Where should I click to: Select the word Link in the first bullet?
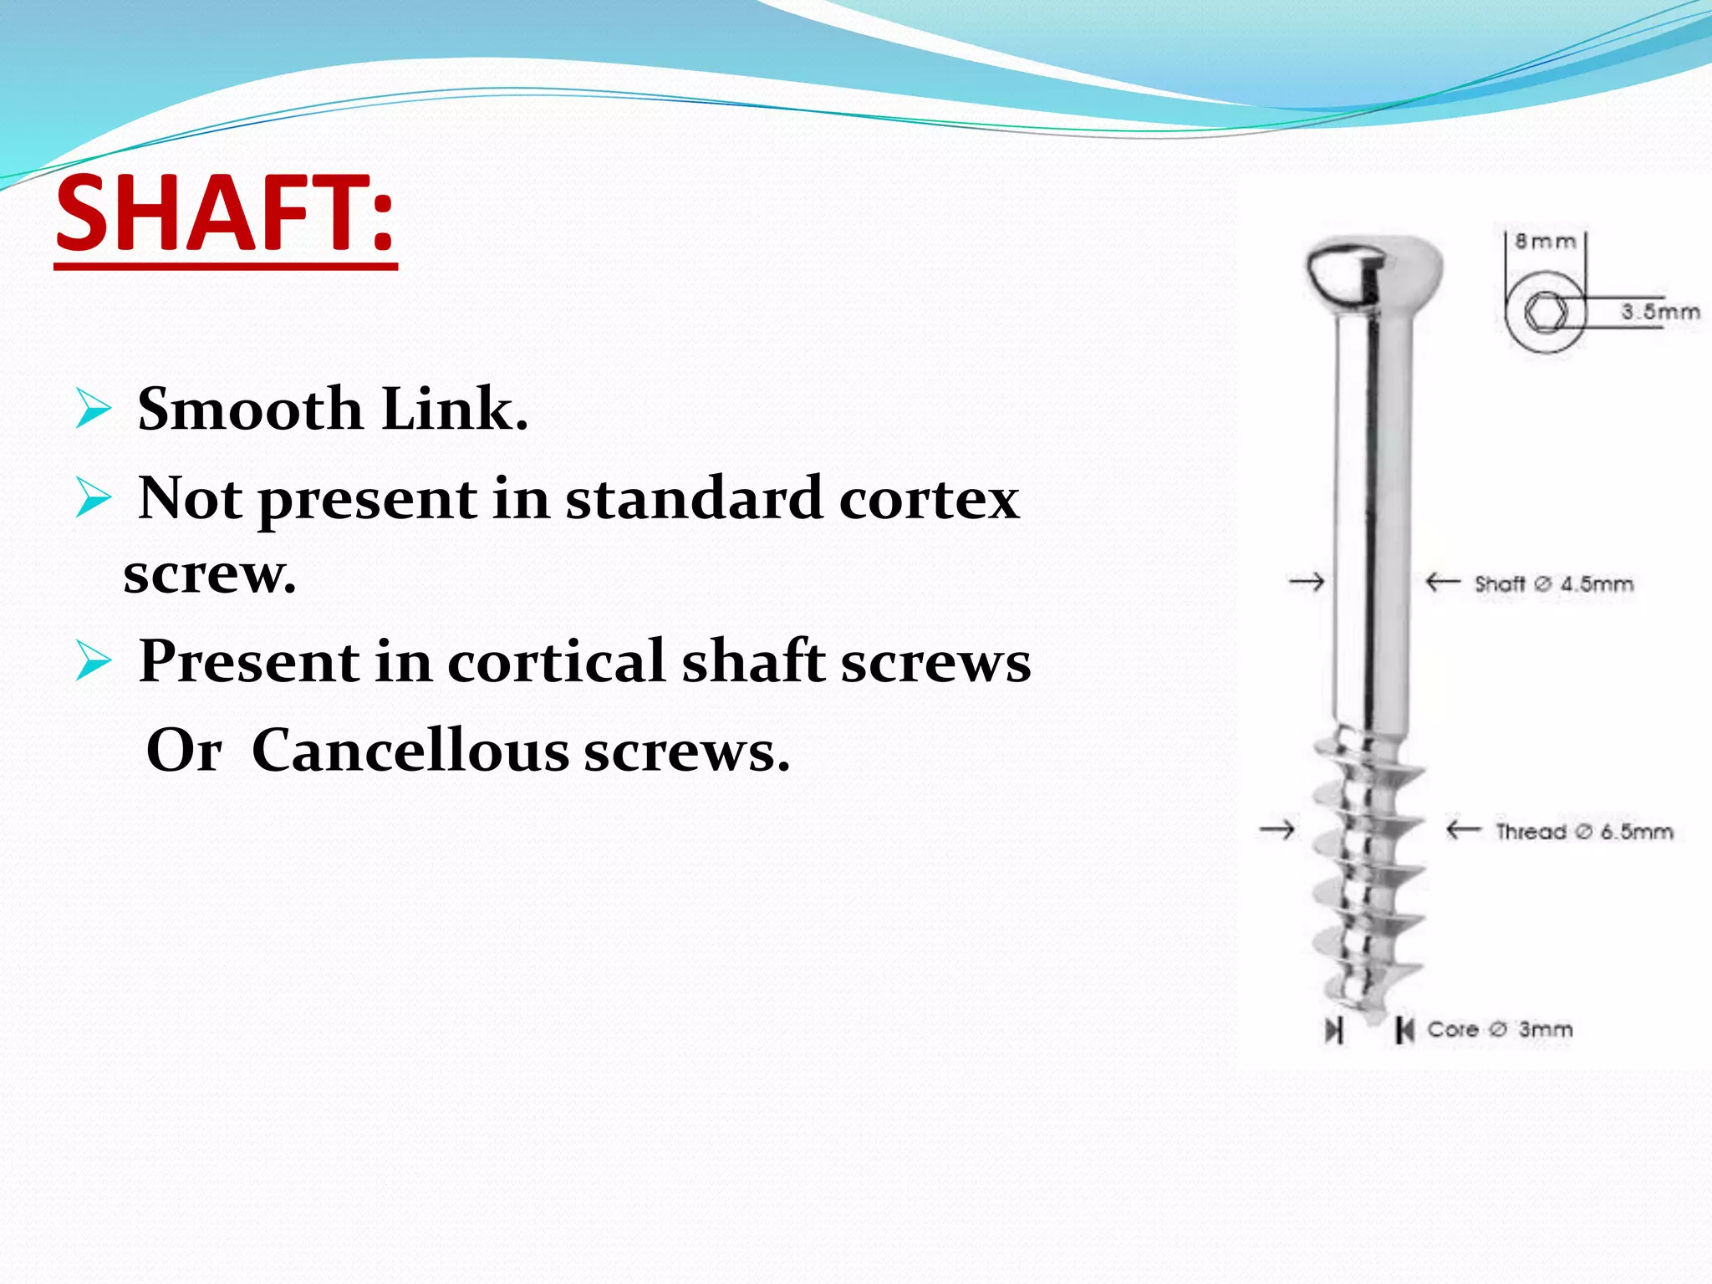(454, 410)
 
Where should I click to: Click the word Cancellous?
(410, 751)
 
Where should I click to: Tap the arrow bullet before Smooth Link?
(93, 409)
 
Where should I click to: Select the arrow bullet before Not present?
(93, 498)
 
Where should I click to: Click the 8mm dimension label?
(1545, 242)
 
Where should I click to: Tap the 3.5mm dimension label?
(1660, 312)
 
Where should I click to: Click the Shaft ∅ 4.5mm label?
(1553, 583)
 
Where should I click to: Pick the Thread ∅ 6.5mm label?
(1584, 831)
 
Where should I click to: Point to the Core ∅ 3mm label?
(1500, 1029)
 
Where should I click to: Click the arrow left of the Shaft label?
(1443, 581)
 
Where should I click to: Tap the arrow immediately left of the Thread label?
(1464, 829)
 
